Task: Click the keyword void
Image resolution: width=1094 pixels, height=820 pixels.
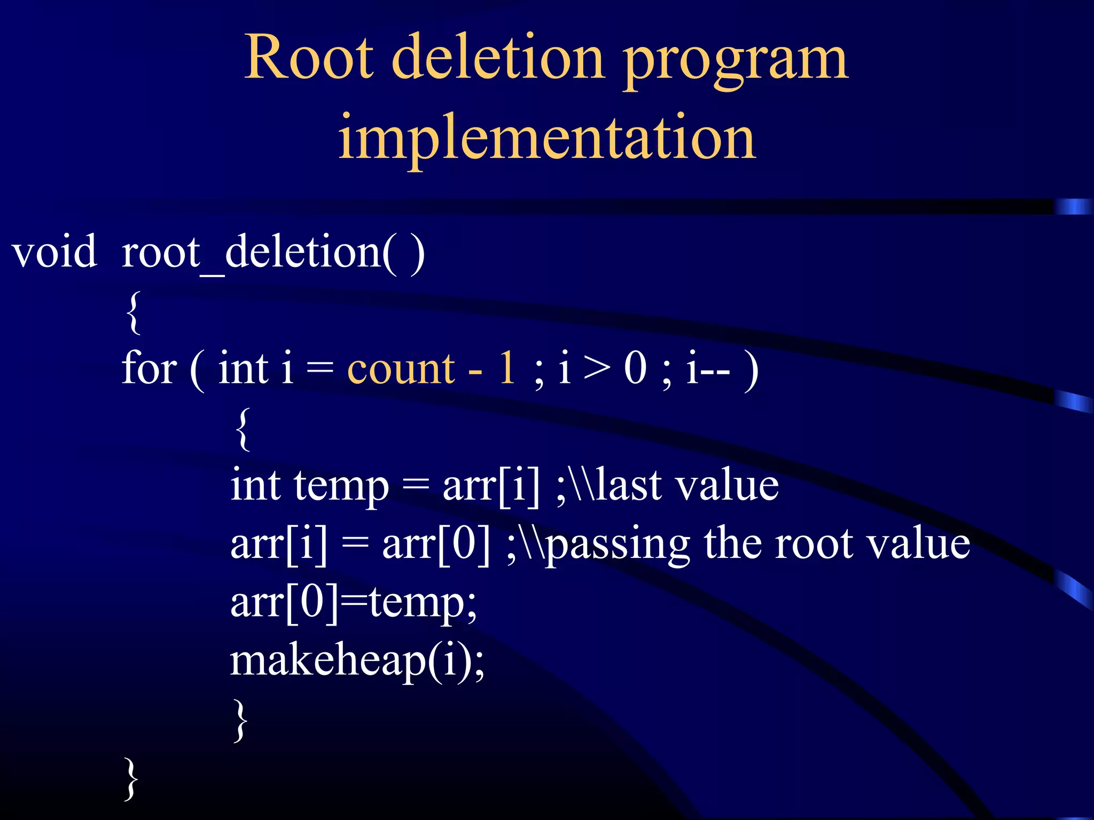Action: (54, 252)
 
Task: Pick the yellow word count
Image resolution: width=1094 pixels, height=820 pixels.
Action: (401, 369)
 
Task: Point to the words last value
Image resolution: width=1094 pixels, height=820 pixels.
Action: (687, 486)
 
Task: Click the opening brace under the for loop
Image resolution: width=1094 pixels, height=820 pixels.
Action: (243, 429)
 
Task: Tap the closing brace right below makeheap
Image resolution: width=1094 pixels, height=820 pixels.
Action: (241, 721)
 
